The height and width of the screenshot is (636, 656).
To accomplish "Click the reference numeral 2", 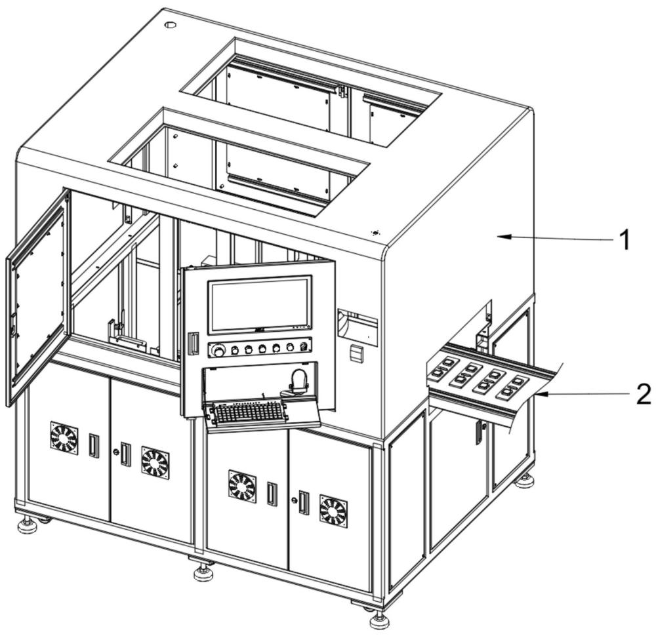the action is pyautogui.click(x=644, y=395).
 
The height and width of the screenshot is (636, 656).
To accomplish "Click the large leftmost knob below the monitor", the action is pyautogui.click(x=218, y=351).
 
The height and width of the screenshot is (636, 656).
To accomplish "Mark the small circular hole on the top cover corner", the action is pyautogui.click(x=170, y=25).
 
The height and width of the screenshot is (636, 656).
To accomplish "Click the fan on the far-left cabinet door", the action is pyautogui.click(x=64, y=437).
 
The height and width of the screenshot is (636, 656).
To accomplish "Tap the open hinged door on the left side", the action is pyautogui.click(x=37, y=297).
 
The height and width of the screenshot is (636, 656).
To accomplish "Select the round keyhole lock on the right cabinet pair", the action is pyautogui.click(x=295, y=500).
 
